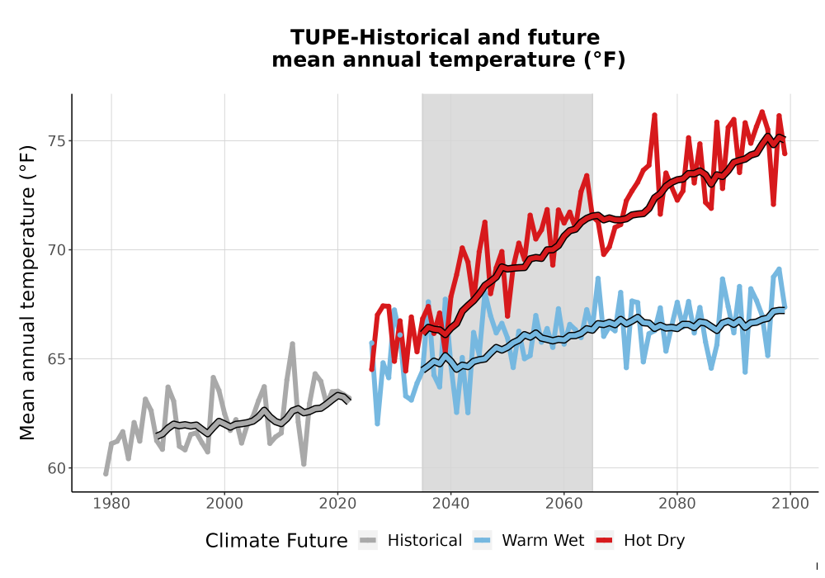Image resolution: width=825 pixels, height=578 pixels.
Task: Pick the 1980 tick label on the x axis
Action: pos(111,504)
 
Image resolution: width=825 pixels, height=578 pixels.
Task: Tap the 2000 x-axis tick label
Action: pos(224,504)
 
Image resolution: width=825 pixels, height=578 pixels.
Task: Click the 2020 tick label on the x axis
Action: pos(337,504)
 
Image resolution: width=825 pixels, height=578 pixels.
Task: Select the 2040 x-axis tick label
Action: pos(451,504)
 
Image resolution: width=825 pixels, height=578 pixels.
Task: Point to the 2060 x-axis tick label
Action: pos(564,504)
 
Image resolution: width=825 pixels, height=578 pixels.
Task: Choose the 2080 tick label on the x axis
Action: pos(677,504)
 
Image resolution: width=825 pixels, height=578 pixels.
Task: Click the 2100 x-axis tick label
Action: pos(790,504)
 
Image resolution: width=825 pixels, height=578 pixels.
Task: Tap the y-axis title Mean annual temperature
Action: pos(27,292)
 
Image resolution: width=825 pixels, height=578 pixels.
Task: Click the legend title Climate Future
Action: pos(276,541)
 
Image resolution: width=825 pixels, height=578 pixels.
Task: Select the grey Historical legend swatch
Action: pos(367,541)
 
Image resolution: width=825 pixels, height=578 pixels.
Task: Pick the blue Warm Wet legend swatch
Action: pos(482,541)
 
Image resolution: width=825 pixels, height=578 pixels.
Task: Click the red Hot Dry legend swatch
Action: pos(604,541)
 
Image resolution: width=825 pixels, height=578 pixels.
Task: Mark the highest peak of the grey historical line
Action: pos(293,343)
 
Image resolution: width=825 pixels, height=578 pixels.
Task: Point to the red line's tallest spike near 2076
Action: pos(654,115)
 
